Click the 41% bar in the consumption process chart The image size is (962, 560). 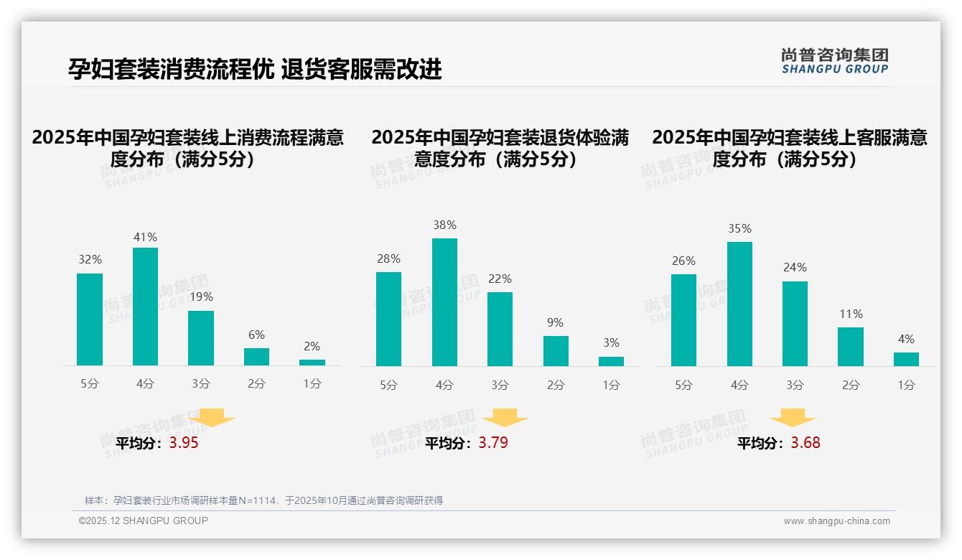pyautogui.click(x=145, y=307)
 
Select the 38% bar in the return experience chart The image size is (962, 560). pyautogui.click(x=444, y=302)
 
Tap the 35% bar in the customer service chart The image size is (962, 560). pyautogui.click(x=739, y=304)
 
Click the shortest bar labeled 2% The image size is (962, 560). pyautogui.click(x=312, y=363)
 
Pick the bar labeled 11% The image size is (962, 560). pyautogui.click(x=851, y=347)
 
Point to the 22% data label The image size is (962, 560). pyautogui.click(x=500, y=279)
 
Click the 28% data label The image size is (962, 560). pyautogui.click(x=388, y=258)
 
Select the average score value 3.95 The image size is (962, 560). pyautogui.click(x=184, y=443)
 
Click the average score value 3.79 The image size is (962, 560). pyautogui.click(x=493, y=443)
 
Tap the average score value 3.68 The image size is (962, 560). pyautogui.click(x=805, y=443)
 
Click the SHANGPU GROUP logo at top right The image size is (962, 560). pyautogui.click(x=834, y=61)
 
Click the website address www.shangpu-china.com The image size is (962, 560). pyautogui.click(x=836, y=521)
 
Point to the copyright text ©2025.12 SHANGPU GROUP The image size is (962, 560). pyautogui.click(x=144, y=521)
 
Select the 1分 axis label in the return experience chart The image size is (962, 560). pyautogui.click(x=611, y=385)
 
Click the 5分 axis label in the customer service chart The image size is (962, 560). pyautogui.click(x=683, y=385)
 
